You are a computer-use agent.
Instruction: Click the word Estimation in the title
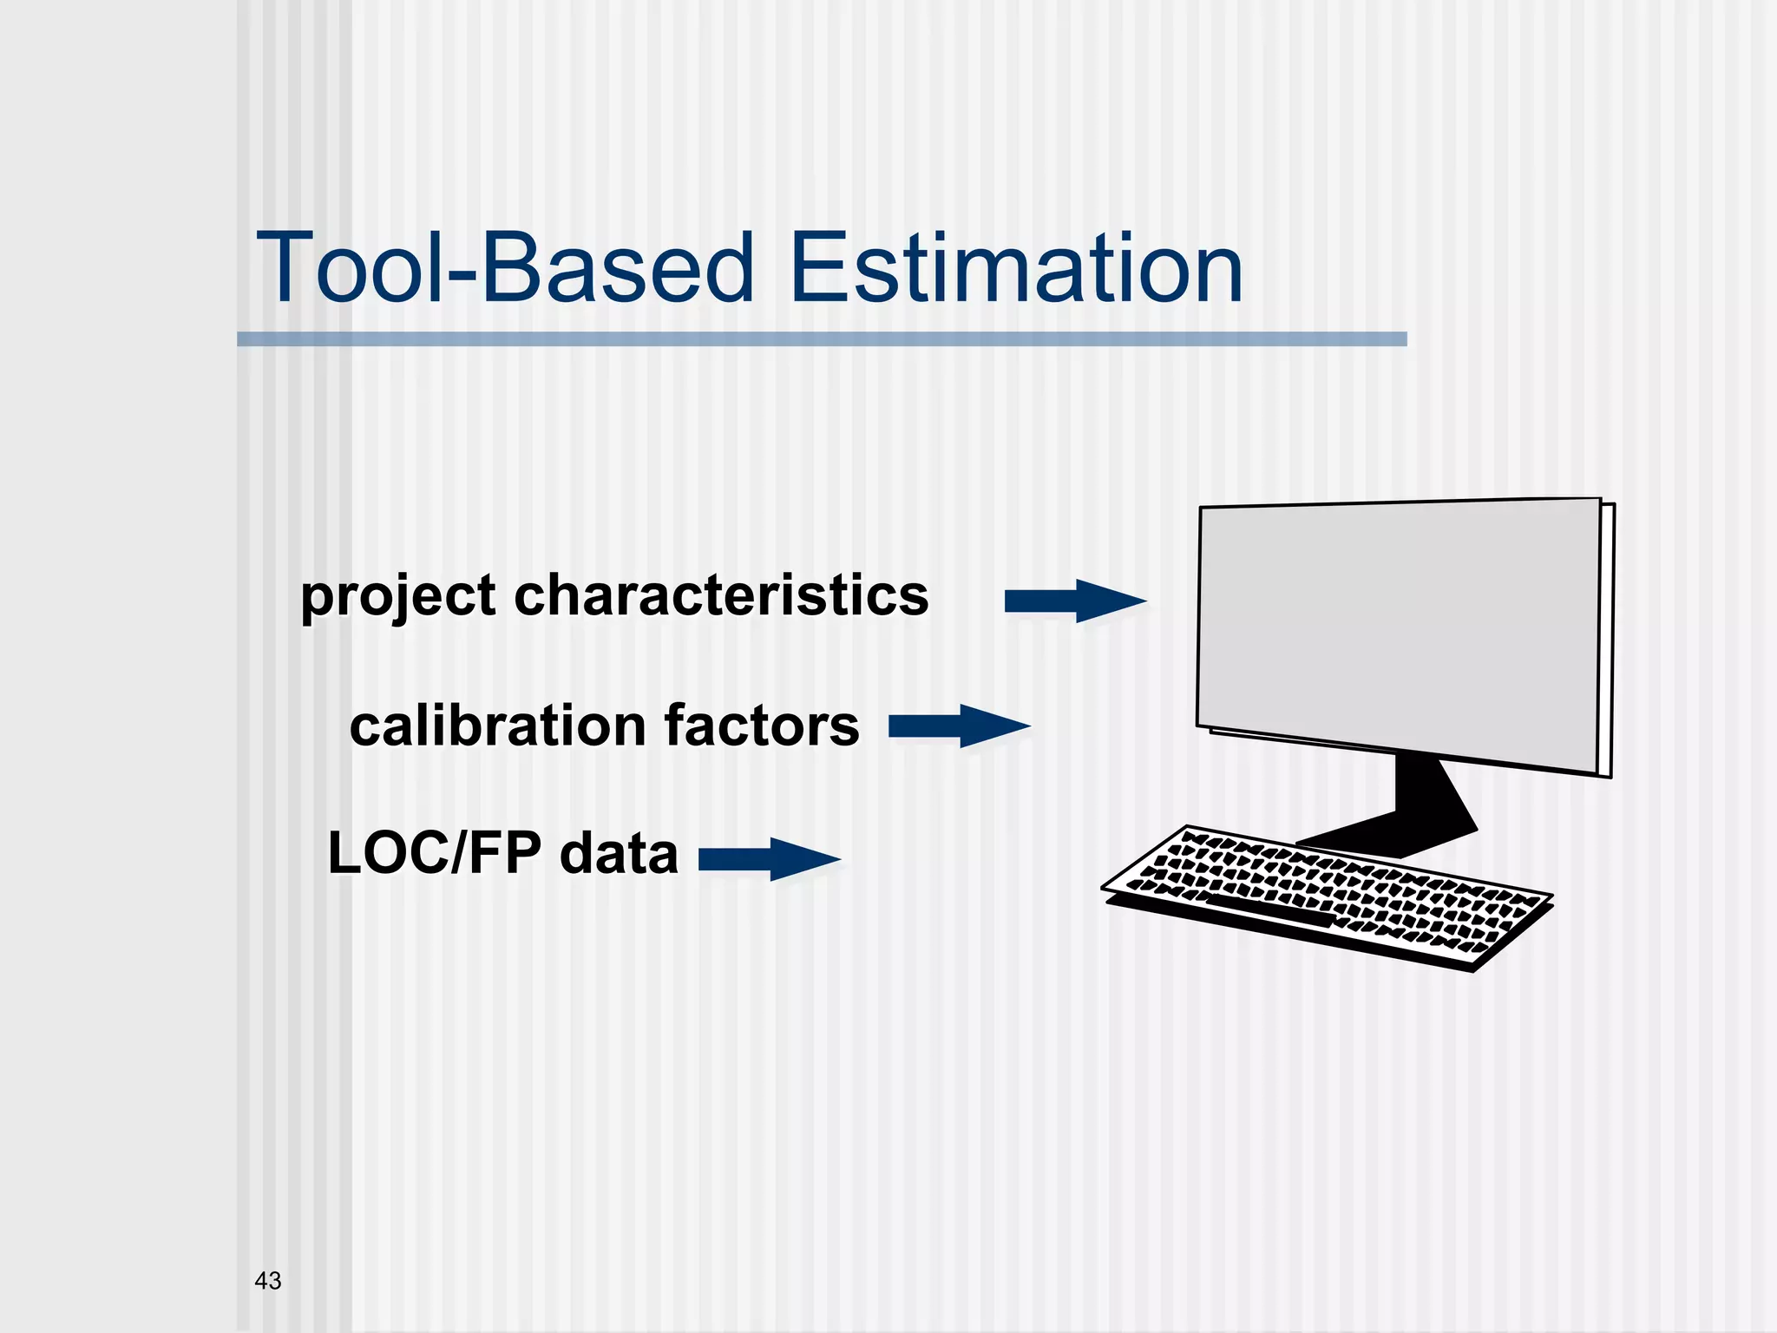point(1017,269)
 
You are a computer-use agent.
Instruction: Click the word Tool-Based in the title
point(505,269)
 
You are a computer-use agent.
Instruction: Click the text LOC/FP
point(434,853)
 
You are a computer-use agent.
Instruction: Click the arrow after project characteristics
point(1074,601)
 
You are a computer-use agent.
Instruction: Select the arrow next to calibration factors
point(959,726)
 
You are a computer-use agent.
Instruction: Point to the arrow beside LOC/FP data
point(769,859)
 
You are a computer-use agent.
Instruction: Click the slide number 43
point(268,1280)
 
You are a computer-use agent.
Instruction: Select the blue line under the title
point(821,339)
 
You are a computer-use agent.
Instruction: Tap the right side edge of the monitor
point(1607,640)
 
